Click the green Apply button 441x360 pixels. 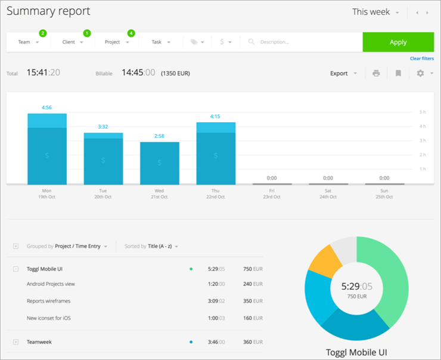[x=398, y=42]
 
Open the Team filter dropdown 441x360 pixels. [x=29, y=42]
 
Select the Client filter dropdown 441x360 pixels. [x=73, y=42]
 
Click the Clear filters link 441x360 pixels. [x=421, y=58]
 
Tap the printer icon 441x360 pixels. [x=376, y=73]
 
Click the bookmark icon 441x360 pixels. [x=398, y=73]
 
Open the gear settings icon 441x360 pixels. [x=420, y=73]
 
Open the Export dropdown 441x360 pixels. [x=343, y=73]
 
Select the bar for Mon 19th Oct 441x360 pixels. [x=47, y=149]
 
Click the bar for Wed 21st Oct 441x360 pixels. [x=160, y=163]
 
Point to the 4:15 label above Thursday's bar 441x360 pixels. [x=215, y=116]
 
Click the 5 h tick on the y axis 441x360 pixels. [x=423, y=112]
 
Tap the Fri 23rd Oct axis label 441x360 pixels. [x=272, y=194]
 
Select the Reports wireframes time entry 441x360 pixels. [x=48, y=301]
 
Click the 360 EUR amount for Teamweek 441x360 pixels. [x=253, y=342]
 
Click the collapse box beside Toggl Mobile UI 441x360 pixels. [x=15, y=269]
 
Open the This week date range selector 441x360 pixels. [x=375, y=12]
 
